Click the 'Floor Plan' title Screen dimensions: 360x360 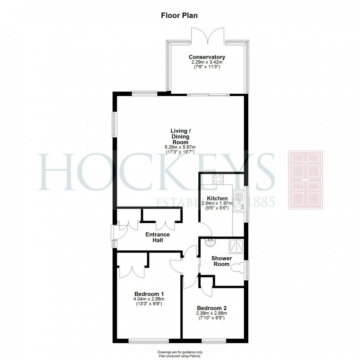[x=180, y=15]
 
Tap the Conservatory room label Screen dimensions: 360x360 [x=207, y=57]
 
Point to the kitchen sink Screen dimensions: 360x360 [x=239, y=207]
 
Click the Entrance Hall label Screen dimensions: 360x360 [x=158, y=237]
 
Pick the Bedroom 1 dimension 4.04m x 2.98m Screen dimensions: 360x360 [x=149, y=299]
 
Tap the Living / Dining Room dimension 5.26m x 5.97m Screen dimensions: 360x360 [x=180, y=147]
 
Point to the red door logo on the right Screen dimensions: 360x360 [x=305, y=180]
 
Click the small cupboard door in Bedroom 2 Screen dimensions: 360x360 [x=207, y=289]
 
